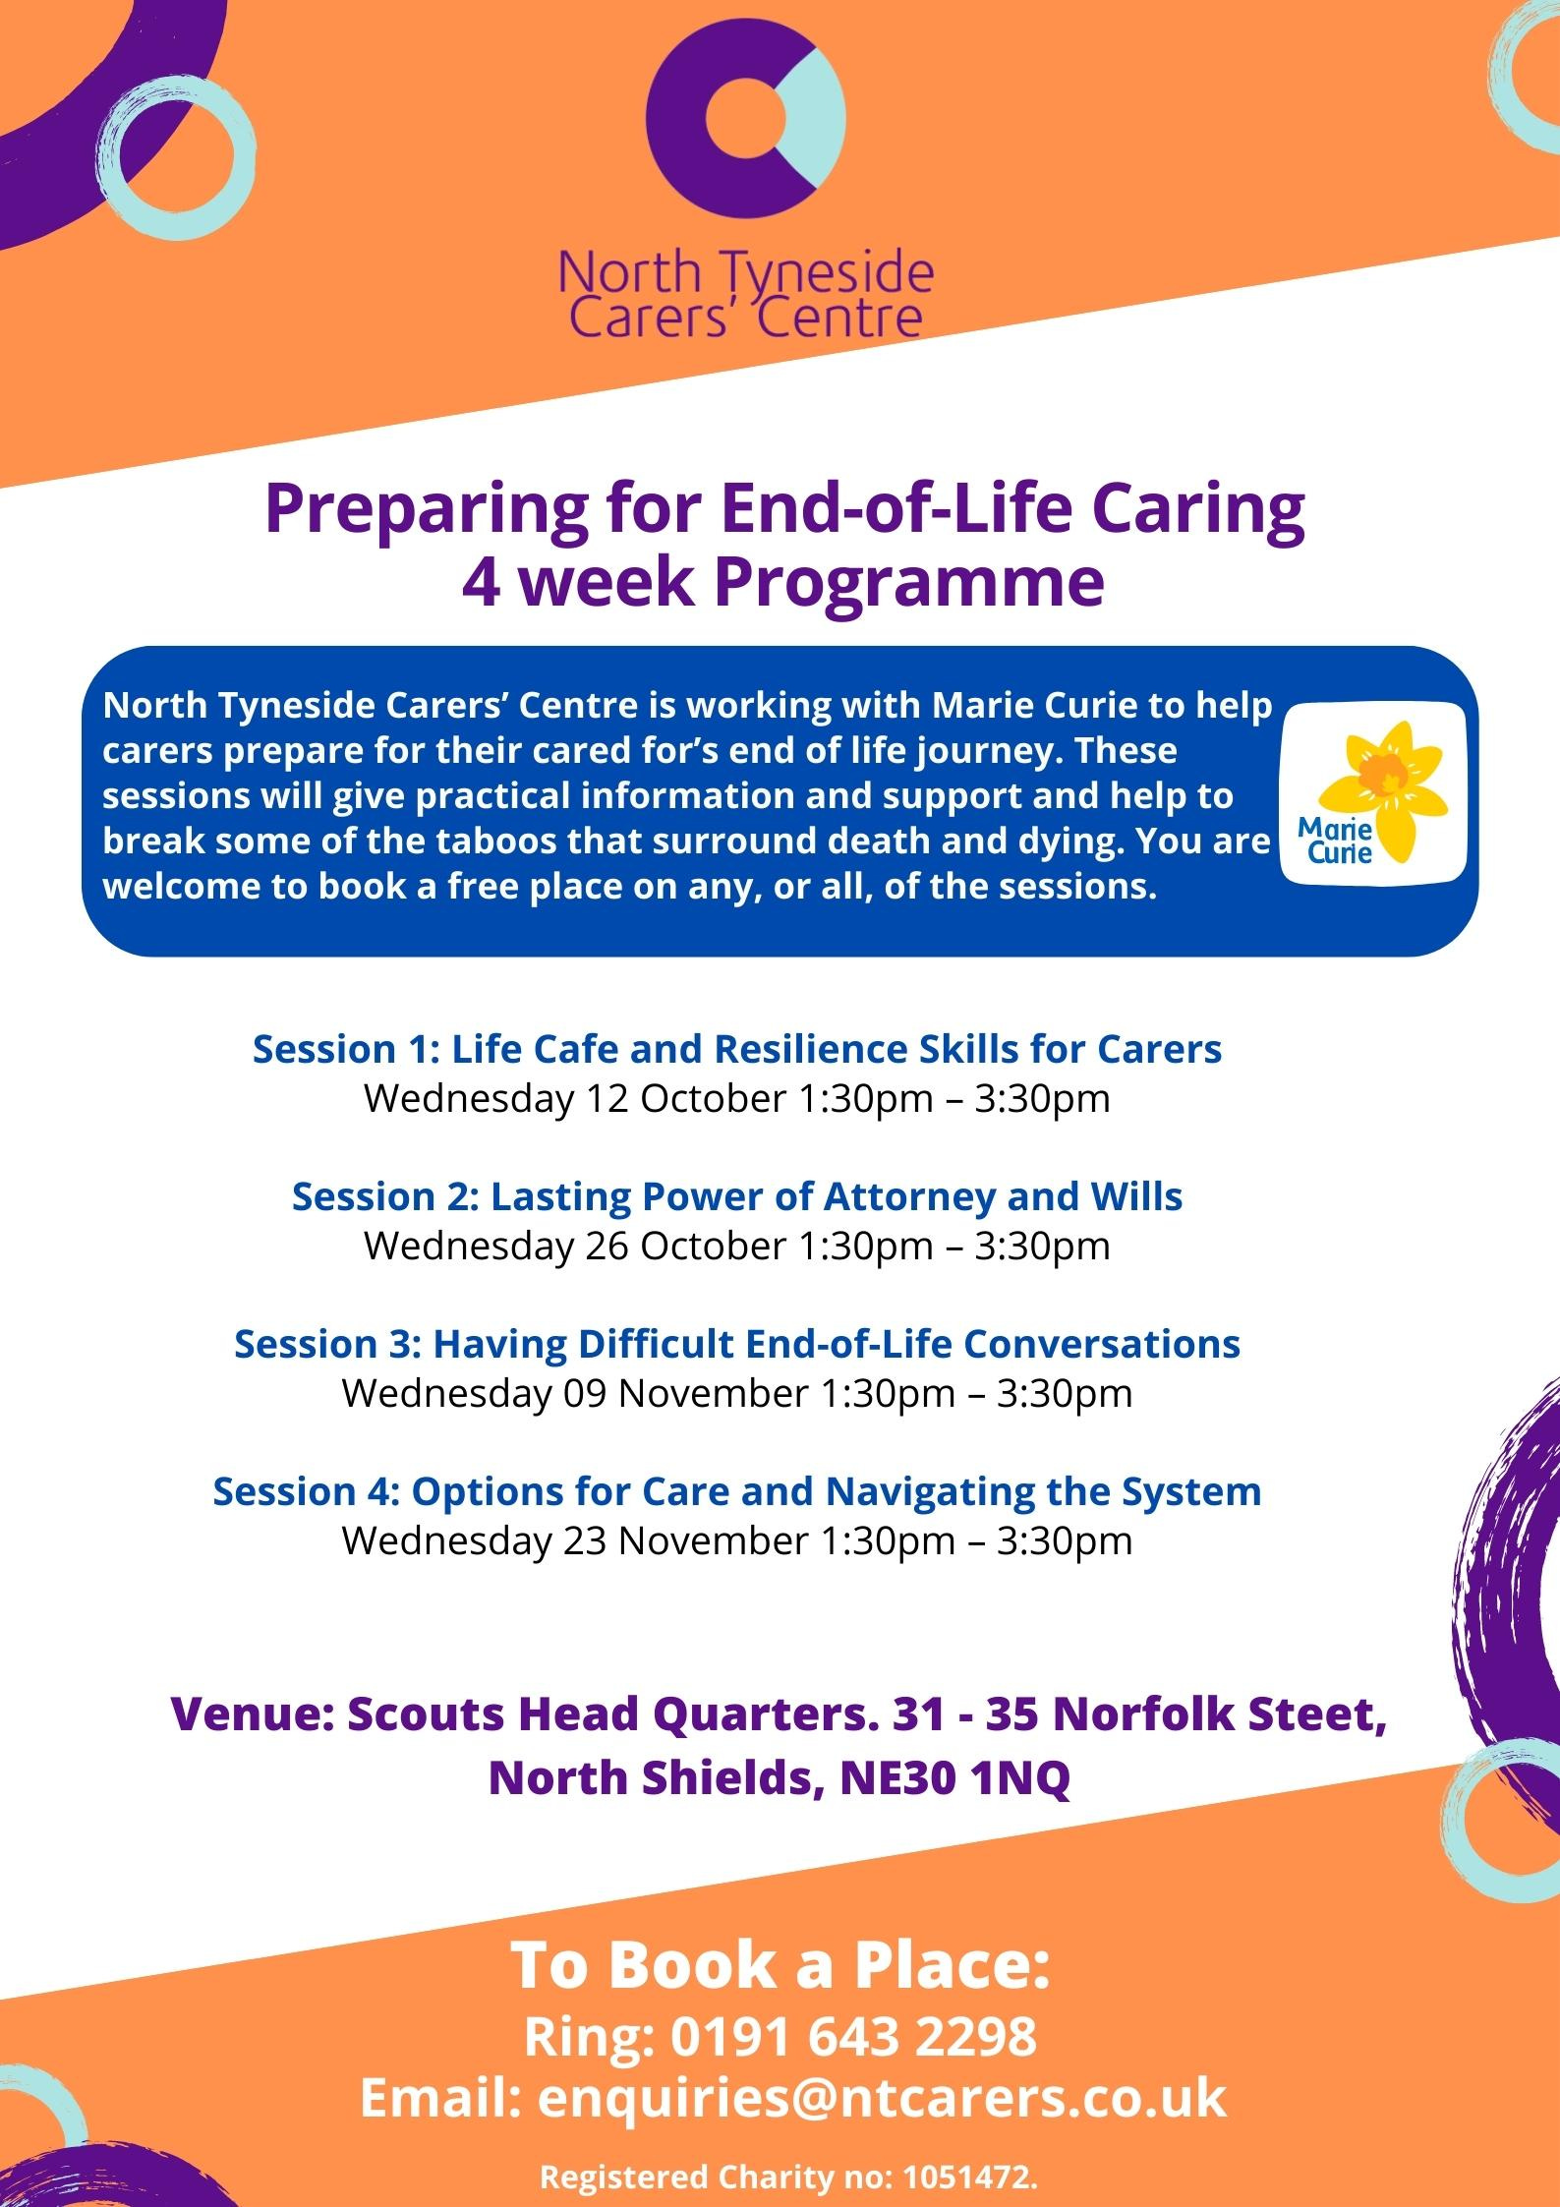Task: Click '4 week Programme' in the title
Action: [x=784, y=583]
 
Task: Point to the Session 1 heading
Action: [x=737, y=1049]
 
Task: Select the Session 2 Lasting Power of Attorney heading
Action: [x=737, y=1196]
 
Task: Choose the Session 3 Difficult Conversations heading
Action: [x=737, y=1344]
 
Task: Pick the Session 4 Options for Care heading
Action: [x=737, y=1491]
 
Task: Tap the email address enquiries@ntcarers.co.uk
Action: [x=882, y=2099]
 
